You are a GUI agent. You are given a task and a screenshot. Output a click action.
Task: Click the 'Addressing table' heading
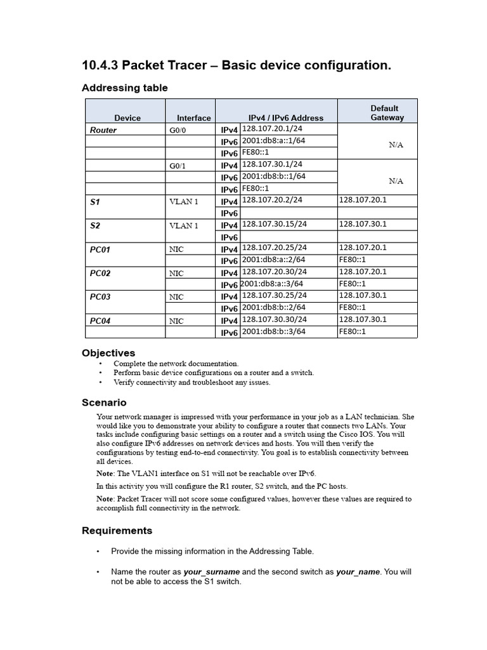[x=125, y=88]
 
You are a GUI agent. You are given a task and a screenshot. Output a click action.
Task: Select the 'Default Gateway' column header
[x=384, y=113]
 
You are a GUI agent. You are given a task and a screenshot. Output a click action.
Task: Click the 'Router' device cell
[x=103, y=130]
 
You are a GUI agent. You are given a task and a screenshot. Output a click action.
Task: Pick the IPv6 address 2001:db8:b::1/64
[x=274, y=176]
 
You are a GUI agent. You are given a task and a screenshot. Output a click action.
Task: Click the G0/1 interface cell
[x=177, y=166]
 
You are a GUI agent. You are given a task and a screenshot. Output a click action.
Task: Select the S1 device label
[x=95, y=202]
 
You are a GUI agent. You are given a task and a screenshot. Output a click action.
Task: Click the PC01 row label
[x=100, y=249]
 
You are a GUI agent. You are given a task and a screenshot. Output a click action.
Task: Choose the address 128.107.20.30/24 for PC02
[x=275, y=272]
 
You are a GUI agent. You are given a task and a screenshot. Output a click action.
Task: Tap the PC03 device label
[x=100, y=297]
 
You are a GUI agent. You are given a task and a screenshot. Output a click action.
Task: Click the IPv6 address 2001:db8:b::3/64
[x=274, y=331]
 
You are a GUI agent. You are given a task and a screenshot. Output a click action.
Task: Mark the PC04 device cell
[x=100, y=321]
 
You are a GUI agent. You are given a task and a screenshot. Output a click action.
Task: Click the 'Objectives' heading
[x=108, y=353]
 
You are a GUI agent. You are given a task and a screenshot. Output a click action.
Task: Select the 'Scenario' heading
[x=104, y=402]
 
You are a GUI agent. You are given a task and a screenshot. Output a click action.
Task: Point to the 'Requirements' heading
[x=117, y=531]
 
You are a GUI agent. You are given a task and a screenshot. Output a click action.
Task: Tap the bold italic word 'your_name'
[x=358, y=572]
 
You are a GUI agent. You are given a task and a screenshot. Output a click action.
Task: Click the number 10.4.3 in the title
[x=100, y=66]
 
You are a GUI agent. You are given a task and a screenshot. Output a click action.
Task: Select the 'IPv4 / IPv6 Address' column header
[x=285, y=118]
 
